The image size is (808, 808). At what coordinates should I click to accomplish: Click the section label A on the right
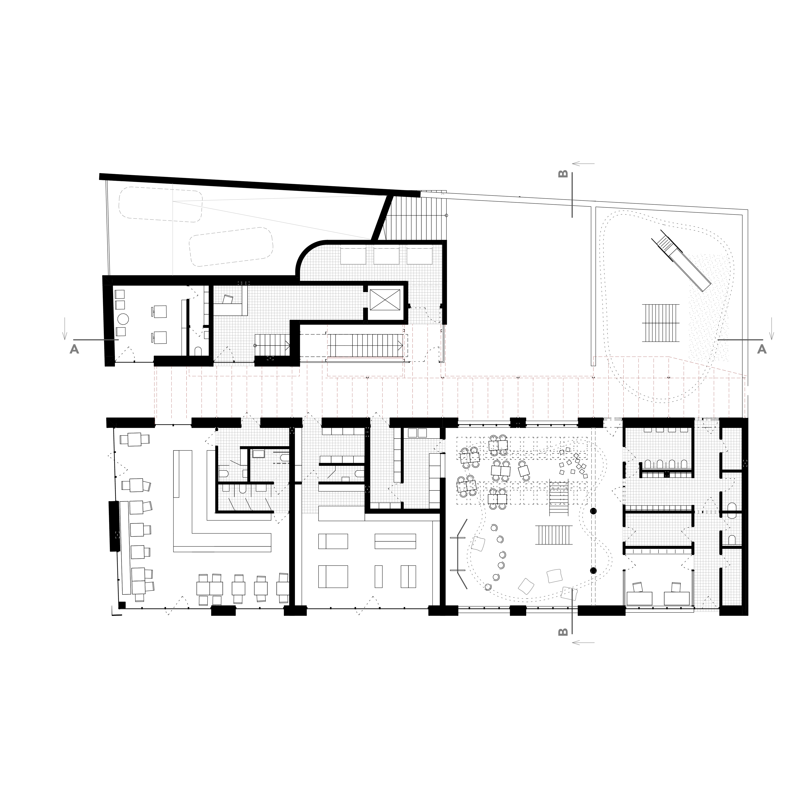point(762,349)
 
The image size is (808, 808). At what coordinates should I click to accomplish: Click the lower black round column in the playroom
point(593,571)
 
